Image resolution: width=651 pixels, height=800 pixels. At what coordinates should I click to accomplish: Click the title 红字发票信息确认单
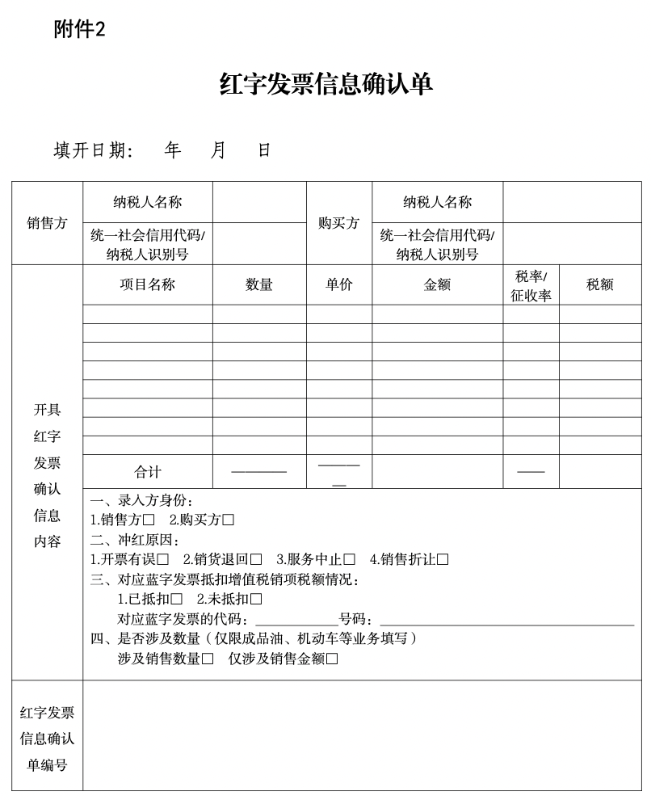(x=326, y=84)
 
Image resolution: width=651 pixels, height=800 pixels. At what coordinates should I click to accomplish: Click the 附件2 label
(x=79, y=30)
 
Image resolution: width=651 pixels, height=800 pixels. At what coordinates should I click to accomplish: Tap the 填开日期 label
(x=92, y=150)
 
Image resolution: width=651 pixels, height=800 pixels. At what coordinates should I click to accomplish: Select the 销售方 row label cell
(x=47, y=223)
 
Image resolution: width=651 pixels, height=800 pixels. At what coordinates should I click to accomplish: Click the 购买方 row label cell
(x=338, y=223)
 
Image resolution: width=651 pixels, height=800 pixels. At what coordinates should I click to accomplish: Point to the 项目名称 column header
(x=147, y=284)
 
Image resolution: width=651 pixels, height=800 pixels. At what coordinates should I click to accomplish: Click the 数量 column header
(x=259, y=284)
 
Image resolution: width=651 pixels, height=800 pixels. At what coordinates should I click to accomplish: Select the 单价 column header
(x=338, y=284)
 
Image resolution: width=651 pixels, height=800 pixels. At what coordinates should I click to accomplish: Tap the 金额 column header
(x=437, y=284)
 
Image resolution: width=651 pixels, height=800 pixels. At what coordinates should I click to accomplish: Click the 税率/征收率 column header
(x=531, y=285)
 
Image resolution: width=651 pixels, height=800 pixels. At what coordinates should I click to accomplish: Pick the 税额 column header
(x=599, y=284)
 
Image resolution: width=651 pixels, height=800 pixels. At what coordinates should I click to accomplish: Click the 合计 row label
(x=147, y=472)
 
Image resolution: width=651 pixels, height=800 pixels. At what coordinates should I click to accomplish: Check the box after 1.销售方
(x=149, y=520)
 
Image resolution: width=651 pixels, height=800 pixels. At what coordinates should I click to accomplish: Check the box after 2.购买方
(x=229, y=520)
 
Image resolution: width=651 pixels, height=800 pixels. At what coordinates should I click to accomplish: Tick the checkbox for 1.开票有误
(x=163, y=559)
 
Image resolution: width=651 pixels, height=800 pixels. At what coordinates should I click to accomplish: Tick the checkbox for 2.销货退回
(x=256, y=559)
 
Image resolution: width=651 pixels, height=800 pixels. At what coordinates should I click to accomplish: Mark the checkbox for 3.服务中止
(x=350, y=559)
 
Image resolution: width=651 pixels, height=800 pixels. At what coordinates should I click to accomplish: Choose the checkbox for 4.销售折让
(x=443, y=559)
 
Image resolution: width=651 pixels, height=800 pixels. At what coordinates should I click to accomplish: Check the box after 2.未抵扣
(x=256, y=599)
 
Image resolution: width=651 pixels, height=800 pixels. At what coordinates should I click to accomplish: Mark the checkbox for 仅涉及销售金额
(x=332, y=659)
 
